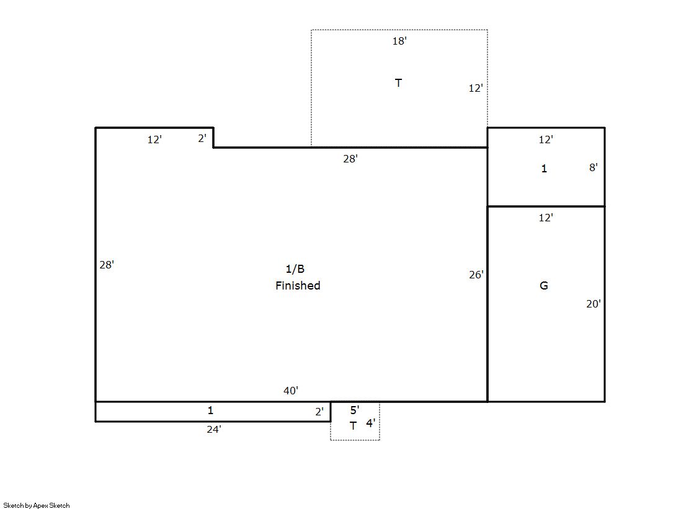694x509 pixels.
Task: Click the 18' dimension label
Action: pyautogui.click(x=399, y=41)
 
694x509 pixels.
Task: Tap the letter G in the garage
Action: pyautogui.click(x=544, y=285)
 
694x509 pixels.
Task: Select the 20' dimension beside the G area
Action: pyautogui.click(x=594, y=304)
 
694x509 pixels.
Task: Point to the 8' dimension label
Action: pyautogui.click(x=593, y=167)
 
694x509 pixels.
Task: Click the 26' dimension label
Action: pyautogui.click(x=476, y=275)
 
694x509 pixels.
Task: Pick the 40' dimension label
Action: pyautogui.click(x=291, y=391)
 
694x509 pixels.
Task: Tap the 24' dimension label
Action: pyautogui.click(x=214, y=429)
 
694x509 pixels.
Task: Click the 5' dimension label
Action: pyautogui.click(x=355, y=410)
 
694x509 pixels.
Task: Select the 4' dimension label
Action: pyautogui.click(x=370, y=423)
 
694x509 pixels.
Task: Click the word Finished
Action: pyautogui.click(x=298, y=285)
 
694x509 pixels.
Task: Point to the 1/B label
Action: pyautogui.click(x=295, y=268)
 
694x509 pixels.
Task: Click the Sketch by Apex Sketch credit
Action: pyautogui.click(x=37, y=505)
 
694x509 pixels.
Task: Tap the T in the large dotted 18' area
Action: pyautogui.click(x=398, y=83)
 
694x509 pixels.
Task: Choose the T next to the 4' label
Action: pyautogui.click(x=353, y=426)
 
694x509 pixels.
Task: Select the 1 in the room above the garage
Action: pyautogui.click(x=544, y=168)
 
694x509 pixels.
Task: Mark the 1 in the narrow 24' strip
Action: pyautogui.click(x=210, y=410)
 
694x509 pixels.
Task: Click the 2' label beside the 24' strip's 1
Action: pyautogui.click(x=319, y=412)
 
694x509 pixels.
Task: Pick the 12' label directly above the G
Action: pyautogui.click(x=546, y=218)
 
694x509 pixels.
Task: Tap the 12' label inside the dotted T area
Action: pyautogui.click(x=476, y=88)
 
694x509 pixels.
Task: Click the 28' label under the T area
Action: pyautogui.click(x=350, y=159)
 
